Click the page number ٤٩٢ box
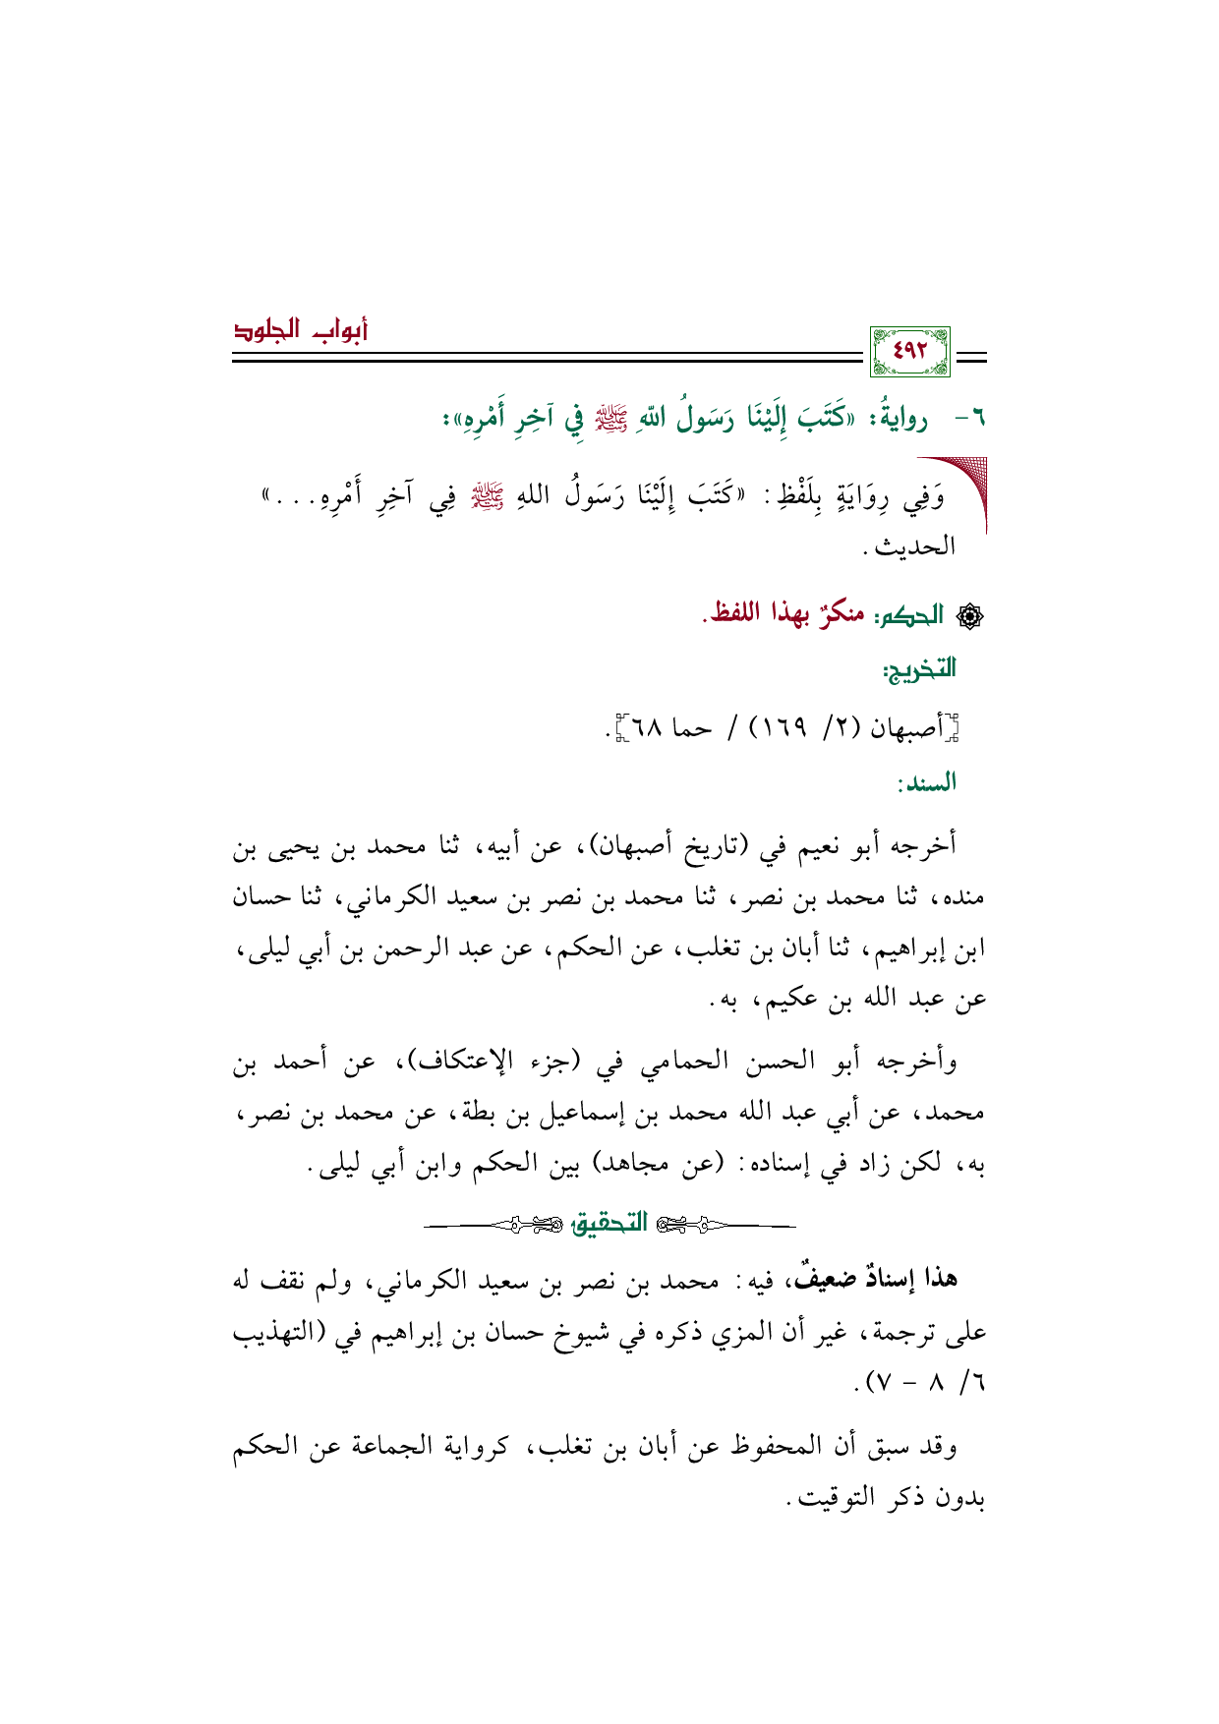[x=909, y=351]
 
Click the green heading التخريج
[x=918, y=670]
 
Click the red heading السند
[x=926, y=782]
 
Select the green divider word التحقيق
[x=610, y=1223]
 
